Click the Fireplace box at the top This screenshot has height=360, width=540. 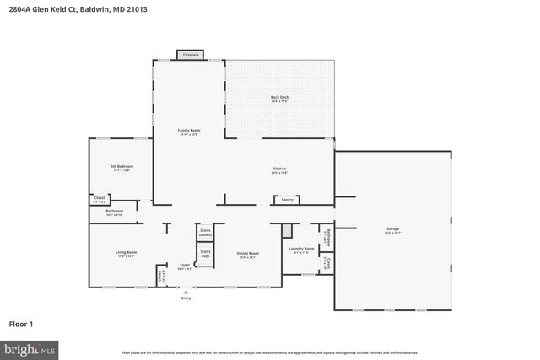pyautogui.click(x=190, y=55)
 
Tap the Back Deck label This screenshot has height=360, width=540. pyautogui.click(x=279, y=99)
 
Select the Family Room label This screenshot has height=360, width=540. pyautogui.click(x=188, y=132)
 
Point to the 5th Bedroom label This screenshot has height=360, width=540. pyautogui.click(x=121, y=168)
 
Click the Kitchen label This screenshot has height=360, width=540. pyautogui.click(x=278, y=170)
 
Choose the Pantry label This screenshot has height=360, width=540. pyautogui.click(x=287, y=200)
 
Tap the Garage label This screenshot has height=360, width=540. pyautogui.click(x=392, y=228)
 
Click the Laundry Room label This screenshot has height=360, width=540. pyautogui.click(x=301, y=250)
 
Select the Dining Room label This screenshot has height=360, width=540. pyautogui.click(x=247, y=255)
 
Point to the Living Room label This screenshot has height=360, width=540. pyautogui.click(x=126, y=254)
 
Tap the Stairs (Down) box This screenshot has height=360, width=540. pyautogui.click(x=205, y=232)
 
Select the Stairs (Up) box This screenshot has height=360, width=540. pyautogui.click(x=205, y=252)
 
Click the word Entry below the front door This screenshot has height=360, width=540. pyautogui.click(x=186, y=298)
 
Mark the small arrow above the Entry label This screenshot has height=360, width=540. pyautogui.click(x=186, y=292)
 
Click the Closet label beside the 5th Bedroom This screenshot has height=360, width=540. pyautogui.click(x=100, y=200)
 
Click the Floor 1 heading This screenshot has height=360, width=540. pyautogui.click(x=21, y=323)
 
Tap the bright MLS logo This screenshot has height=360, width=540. pyautogui.click(x=30, y=347)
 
